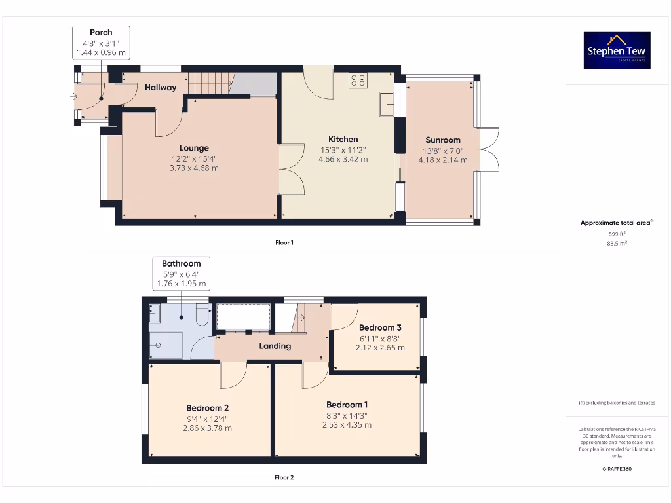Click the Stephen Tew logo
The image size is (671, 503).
point(617,50)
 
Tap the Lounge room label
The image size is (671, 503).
point(194,148)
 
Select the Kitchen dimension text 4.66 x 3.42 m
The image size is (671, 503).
point(343,159)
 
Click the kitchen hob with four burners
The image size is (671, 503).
point(358,80)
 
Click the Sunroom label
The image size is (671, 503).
point(443,140)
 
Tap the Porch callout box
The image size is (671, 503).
point(101,42)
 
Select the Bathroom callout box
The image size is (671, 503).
point(182,274)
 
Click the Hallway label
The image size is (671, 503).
point(161,87)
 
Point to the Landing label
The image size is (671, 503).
point(275,346)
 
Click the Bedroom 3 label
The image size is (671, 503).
point(380,327)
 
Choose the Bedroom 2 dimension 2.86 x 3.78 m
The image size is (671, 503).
point(207,428)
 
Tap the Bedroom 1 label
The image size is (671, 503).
point(347,405)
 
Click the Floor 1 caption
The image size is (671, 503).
point(284,242)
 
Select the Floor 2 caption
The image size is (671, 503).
point(284,477)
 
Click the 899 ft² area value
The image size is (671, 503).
point(616,233)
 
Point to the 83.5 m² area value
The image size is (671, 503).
point(616,243)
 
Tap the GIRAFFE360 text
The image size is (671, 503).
point(616,469)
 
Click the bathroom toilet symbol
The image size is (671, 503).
point(201,318)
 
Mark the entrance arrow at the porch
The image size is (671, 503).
point(74,97)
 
